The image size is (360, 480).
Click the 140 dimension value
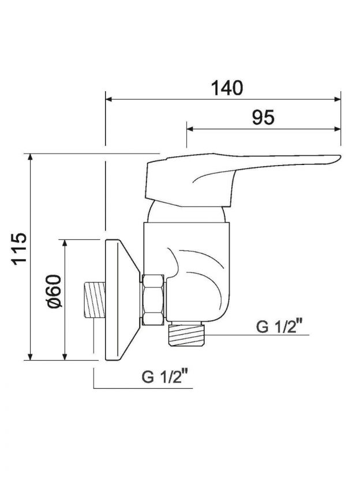pyautogui.click(x=227, y=88)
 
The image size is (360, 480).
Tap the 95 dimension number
pyautogui.click(x=263, y=117)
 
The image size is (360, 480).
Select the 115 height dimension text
pyautogui.click(x=19, y=249)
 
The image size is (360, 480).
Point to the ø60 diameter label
pyautogui.click(x=54, y=291)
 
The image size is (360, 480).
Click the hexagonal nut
pyautogui.click(x=153, y=299)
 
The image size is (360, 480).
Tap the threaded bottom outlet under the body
pyautogui.click(x=186, y=334)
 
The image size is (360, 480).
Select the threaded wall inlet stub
pyautogui.click(x=94, y=299)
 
